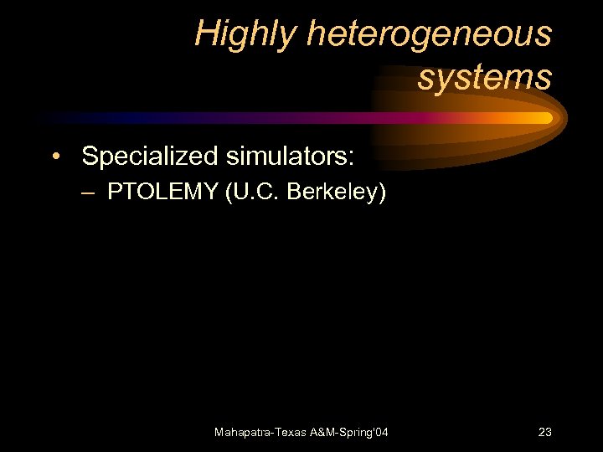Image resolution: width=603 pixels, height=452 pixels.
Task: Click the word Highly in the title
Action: [x=245, y=34]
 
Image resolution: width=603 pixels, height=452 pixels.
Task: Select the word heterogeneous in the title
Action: [x=430, y=34]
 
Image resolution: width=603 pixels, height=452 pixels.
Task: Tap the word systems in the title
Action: [x=485, y=78]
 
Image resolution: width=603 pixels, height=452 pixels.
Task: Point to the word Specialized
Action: [x=149, y=156]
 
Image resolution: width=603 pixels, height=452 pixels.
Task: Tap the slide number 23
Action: [x=544, y=432]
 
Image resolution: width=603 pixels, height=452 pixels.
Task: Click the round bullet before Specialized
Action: [x=54, y=157]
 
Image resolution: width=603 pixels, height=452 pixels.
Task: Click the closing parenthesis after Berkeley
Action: [x=383, y=193]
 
